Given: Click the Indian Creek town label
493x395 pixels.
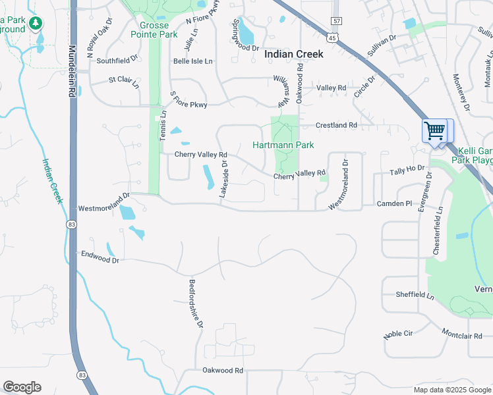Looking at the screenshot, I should click(x=294, y=55).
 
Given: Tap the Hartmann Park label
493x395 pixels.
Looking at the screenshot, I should click(x=283, y=145).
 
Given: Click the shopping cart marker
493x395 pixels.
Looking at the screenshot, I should click(x=434, y=130).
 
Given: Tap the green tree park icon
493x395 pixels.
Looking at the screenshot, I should click(x=35, y=25).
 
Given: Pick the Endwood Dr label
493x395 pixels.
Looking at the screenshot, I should click(x=100, y=257).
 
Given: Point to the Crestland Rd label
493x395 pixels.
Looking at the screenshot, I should click(x=336, y=125).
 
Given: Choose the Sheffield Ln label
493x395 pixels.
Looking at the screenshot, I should click(x=415, y=296).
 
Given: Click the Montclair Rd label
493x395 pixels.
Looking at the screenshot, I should click(x=462, y=334).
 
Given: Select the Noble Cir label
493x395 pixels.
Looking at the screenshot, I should click(x=397, y=334).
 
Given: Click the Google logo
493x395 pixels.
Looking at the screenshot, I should click(x=22, y=387).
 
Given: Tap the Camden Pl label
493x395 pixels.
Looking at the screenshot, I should click(x=393, y=204).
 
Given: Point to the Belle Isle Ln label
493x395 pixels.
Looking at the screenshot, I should click(x=193, y=61).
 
